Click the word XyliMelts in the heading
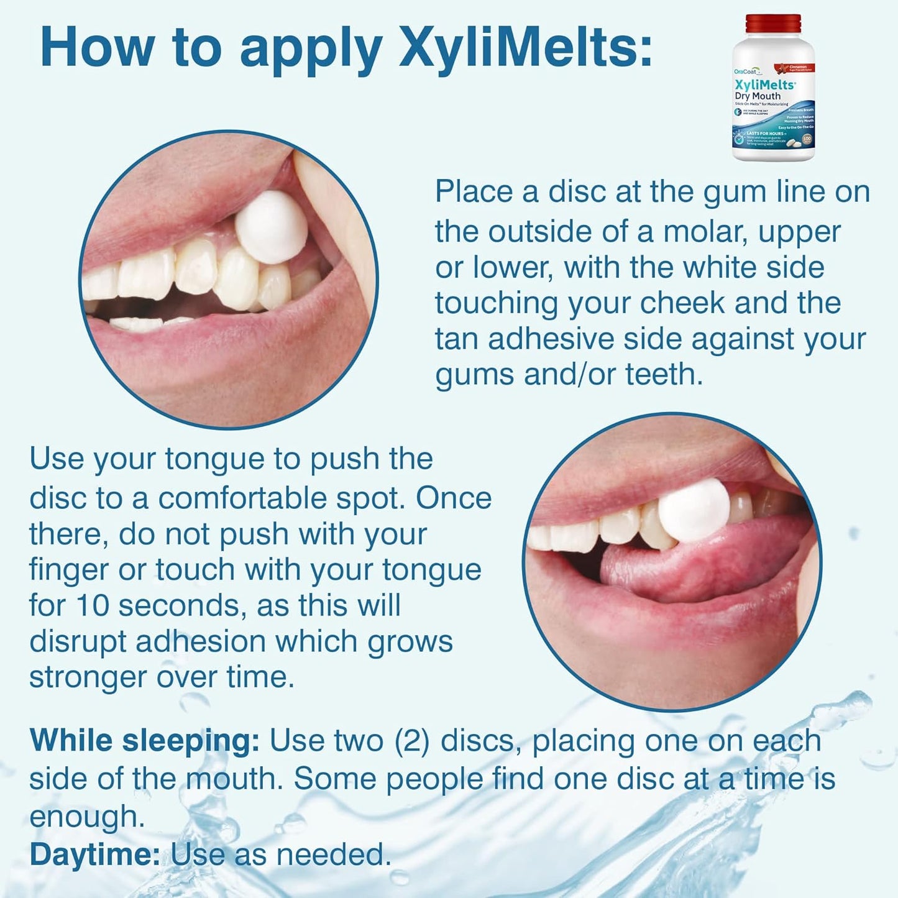coord(525,48)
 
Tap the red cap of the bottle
coord(772,24)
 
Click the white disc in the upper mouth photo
coord(272,227)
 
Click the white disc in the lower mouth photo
coord(694,510)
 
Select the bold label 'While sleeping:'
coord(144,741)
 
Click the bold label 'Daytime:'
coord(95,854)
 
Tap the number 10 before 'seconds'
coord(93,605)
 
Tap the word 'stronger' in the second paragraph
coord(88,677)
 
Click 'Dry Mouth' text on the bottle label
coord(758,96)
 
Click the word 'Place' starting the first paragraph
coord(474,191)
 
